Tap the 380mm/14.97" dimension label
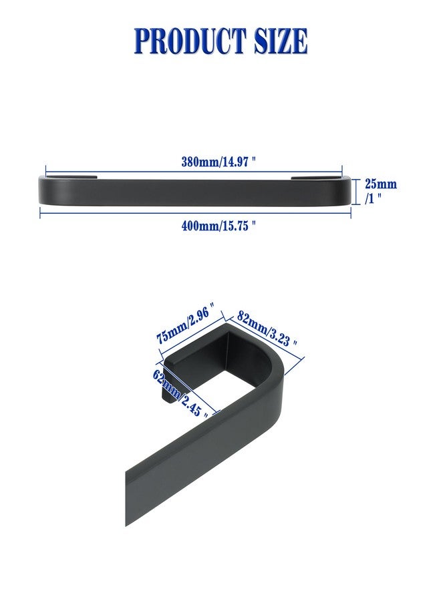(218, 162)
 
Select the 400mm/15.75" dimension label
(218, 226)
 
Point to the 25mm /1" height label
(380, 191)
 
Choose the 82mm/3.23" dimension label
(267, 328)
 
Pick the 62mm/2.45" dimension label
(181, 393)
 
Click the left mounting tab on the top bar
(71, 177)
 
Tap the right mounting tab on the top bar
(316, 177)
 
